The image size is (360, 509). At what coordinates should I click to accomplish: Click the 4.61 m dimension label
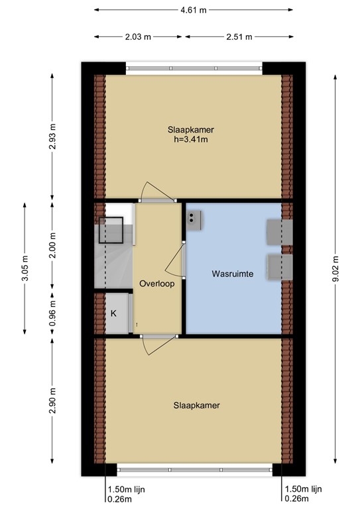click(x=194, y=10)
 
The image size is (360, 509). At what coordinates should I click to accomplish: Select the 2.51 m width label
click(x=239, y=37)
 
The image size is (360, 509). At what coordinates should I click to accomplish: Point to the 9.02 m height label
click(x=335, y=270)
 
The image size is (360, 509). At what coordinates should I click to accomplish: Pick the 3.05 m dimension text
click(x=25, y=268)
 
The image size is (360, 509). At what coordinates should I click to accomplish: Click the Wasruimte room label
click(x=233, y=273)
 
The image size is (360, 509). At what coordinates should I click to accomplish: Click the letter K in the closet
click(x=113, y=313)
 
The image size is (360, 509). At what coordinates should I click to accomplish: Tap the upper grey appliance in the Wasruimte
click(x=278, y=232)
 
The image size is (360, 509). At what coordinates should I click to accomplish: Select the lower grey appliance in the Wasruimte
click(x=279, y=266)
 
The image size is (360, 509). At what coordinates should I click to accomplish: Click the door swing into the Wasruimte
click(x=174, y=260)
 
